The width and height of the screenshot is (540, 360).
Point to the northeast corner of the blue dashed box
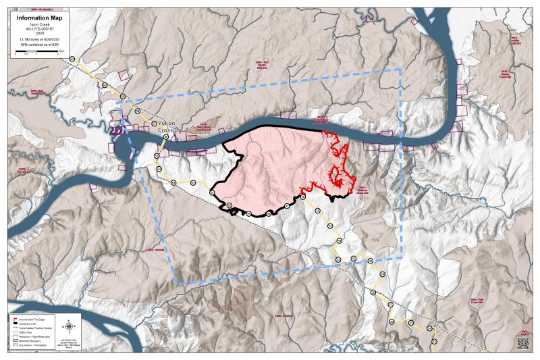pyautogui.click(x=400, y=68)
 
